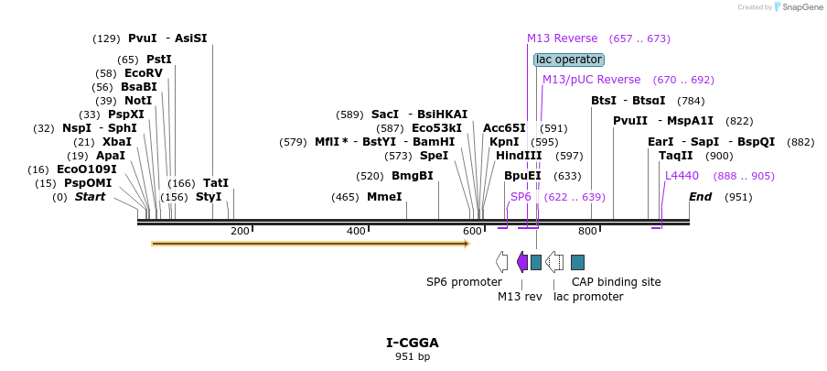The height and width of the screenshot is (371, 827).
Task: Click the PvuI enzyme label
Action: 143,38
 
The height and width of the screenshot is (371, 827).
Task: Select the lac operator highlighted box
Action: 569,60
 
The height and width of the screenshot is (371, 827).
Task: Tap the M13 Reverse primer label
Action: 562,38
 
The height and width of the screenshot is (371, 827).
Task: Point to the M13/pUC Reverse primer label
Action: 591,80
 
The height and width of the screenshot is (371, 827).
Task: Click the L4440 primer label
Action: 682,176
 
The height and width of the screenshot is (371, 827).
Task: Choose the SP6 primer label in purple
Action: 521,197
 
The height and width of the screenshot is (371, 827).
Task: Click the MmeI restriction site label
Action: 384,197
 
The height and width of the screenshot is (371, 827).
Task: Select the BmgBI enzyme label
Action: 413,176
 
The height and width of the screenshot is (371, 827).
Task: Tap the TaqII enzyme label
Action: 676,156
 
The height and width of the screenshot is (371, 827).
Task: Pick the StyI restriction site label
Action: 209,197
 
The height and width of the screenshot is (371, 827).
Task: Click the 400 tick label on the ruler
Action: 356,232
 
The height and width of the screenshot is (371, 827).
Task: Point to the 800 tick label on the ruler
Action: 587,232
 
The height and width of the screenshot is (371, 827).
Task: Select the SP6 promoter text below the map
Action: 464,282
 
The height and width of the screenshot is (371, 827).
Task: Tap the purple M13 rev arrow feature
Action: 522,262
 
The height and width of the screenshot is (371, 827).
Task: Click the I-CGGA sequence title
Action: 413,343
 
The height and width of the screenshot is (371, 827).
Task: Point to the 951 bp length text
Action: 413,356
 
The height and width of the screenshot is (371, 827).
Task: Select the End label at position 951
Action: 700,197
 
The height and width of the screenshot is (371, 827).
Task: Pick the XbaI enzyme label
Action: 116,142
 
